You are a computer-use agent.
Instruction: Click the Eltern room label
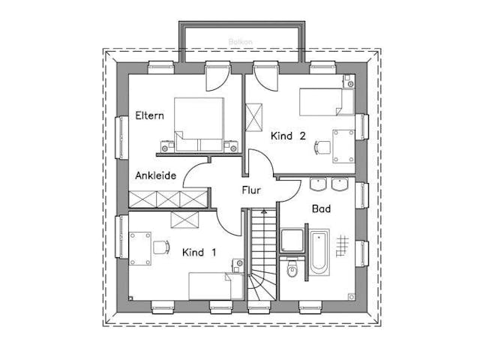click(150, 116)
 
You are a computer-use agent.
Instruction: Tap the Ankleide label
click(155, 175)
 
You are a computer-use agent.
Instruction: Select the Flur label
click(250, 190)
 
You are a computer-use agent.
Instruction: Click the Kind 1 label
click(199, 253)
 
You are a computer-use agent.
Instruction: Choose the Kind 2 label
click(287, 136)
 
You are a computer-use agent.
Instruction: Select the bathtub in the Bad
click(318, 250)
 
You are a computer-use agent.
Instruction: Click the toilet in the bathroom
click(293, 269)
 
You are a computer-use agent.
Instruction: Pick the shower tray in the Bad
click(292, 240)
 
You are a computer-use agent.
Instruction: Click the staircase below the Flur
click(261, 255)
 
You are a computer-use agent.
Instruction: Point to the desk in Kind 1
click(140, 247)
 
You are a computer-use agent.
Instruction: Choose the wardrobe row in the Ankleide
click(166, 199)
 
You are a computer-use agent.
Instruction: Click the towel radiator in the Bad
click(343, 244)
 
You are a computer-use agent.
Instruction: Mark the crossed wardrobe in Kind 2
click(256, 117)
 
